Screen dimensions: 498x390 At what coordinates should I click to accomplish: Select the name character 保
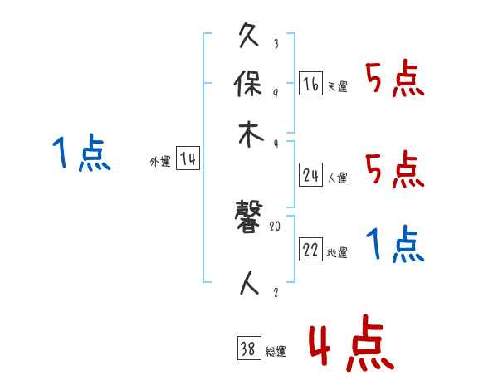[250, 85]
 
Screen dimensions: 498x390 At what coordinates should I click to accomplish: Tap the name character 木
[250, 134]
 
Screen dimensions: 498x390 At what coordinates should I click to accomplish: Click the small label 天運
[337, 86]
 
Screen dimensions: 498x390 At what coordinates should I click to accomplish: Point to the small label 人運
[337, 178]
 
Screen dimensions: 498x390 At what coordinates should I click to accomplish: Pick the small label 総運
[276, 352]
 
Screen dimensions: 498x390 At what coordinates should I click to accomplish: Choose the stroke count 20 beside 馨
[276, 225]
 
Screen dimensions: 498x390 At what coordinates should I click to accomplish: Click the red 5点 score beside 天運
[395, 80]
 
